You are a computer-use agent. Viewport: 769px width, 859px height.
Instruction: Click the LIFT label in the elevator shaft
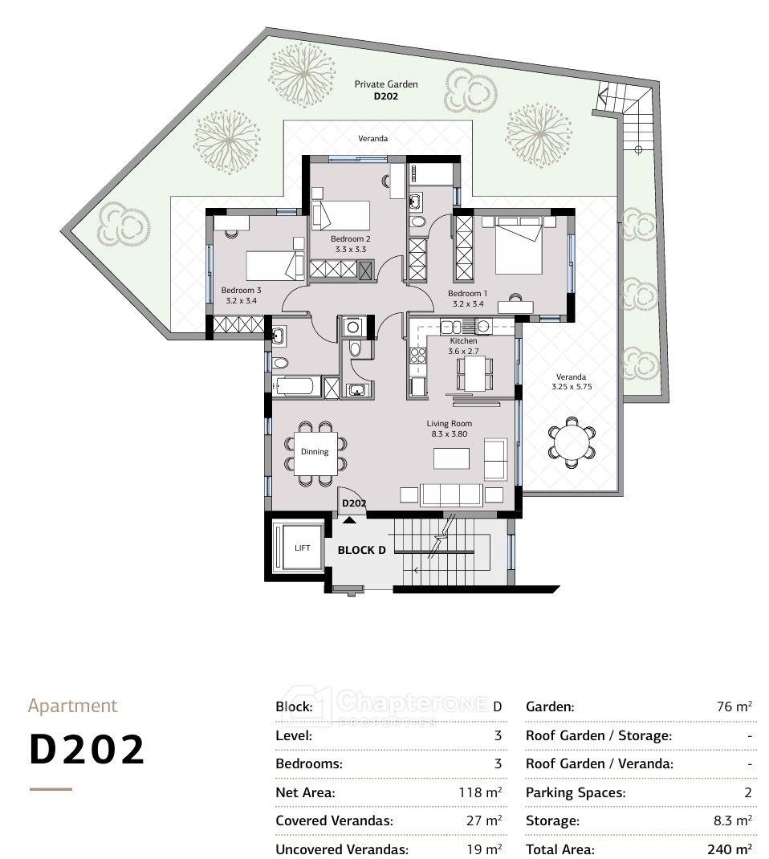[x=303, y=548]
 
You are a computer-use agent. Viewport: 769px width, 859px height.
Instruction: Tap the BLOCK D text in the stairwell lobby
[x=361, y=550]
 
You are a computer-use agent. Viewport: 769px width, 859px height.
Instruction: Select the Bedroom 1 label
[x=467, y=294]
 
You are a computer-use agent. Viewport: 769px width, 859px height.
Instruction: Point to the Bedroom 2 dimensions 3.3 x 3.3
[x=351, y=249]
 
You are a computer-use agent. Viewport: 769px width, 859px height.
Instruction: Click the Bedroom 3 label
[x=241, y=291]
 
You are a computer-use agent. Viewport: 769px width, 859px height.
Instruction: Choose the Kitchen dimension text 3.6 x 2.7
[x=463, y=351]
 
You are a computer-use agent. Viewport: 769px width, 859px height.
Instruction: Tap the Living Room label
[x=450, y=423]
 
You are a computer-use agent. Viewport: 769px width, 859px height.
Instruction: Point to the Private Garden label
[x=386, y=84]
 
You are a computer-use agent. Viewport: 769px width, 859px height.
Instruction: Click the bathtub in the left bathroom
[x=296, y=386]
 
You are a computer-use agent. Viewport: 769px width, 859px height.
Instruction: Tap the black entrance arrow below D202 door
[x=349, y=520]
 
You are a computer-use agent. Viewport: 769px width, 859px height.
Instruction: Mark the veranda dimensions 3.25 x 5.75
[x=572, y=387]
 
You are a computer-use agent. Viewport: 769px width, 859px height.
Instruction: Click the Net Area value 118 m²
[x=480, y=792]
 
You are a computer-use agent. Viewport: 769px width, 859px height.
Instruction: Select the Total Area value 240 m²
[x=729, y=849]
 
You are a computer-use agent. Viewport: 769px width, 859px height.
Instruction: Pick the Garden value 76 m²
[x=734, y=706]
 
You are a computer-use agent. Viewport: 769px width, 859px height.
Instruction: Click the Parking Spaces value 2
[x=747, y=792]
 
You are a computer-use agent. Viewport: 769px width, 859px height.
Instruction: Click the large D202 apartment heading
[x=87, y=750]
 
